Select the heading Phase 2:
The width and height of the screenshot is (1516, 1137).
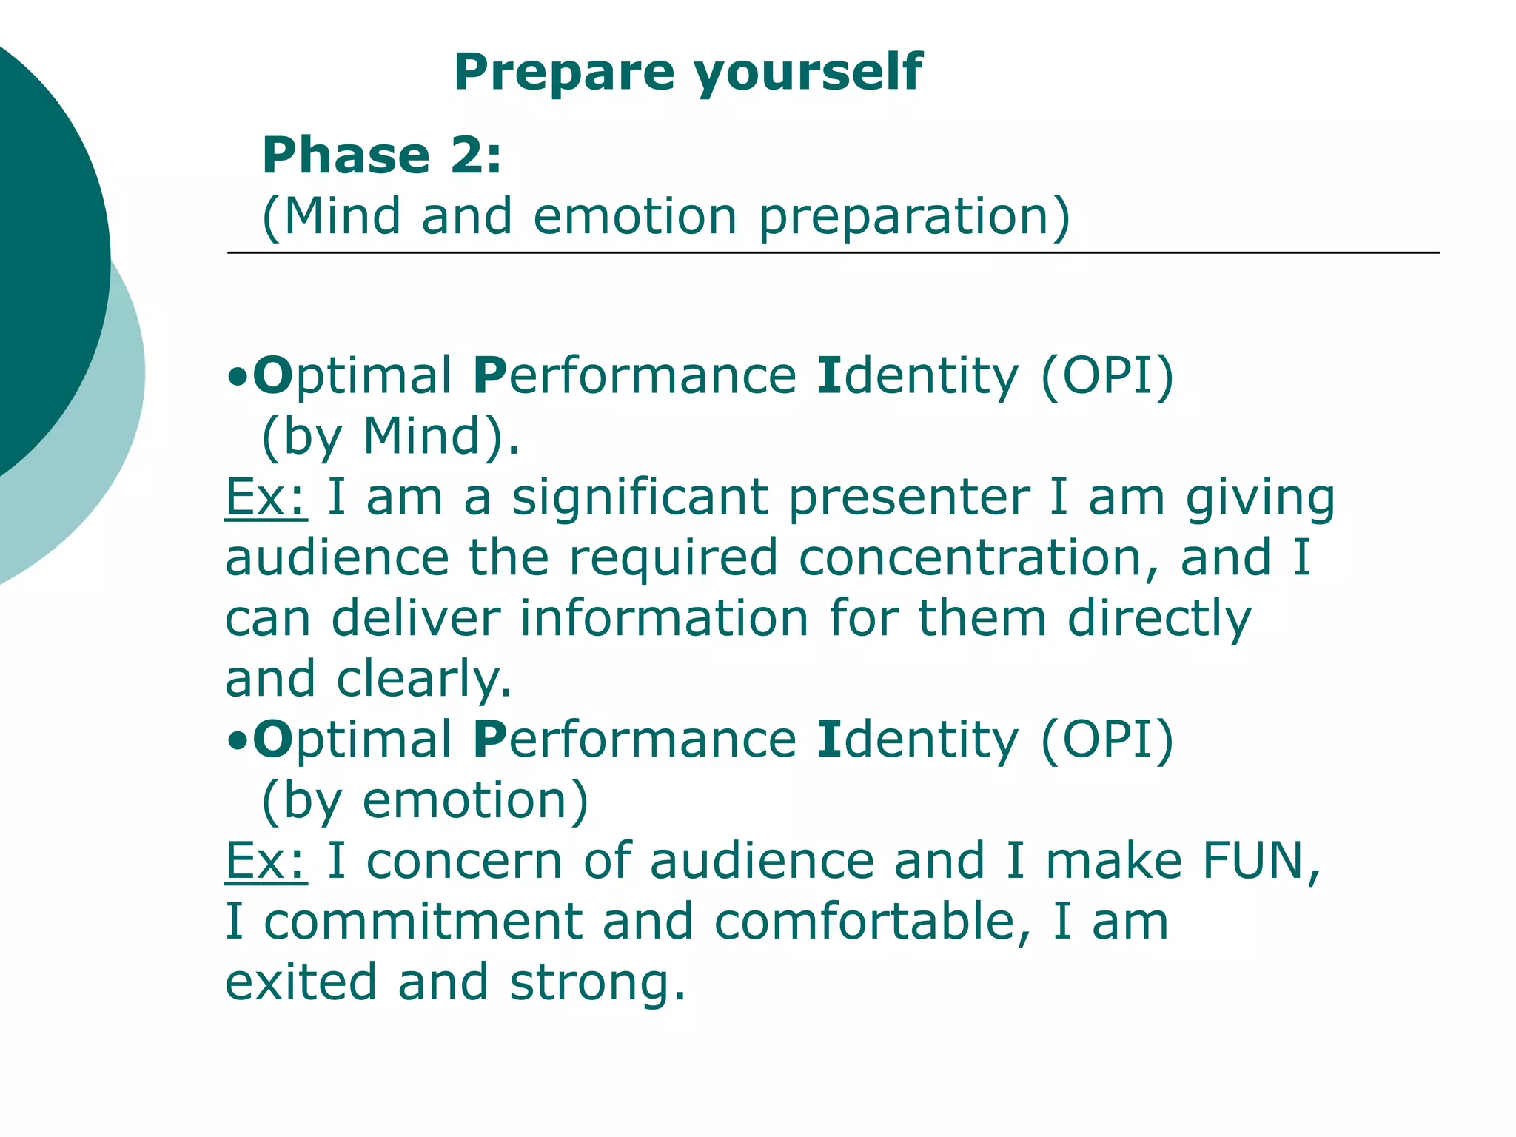point(382,155)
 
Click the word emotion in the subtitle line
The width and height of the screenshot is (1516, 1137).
point(635,216)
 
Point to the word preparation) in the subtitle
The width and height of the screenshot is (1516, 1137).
point(915,218)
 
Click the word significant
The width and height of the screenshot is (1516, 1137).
point(640,497)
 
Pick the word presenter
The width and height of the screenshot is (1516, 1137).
point(909,497)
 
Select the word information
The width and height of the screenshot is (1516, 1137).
point(664,619)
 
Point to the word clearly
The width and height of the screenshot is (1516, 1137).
point(423,680)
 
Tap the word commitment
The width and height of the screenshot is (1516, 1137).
point(423,922)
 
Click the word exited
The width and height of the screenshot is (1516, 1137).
point(301,982)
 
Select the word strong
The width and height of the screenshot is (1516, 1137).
point(597,984)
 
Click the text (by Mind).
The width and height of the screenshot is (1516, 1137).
point(391,437)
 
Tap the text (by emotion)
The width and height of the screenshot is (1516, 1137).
point(426,801)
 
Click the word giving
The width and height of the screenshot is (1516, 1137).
point(1260,499)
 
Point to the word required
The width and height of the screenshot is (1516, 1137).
point(673,558)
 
